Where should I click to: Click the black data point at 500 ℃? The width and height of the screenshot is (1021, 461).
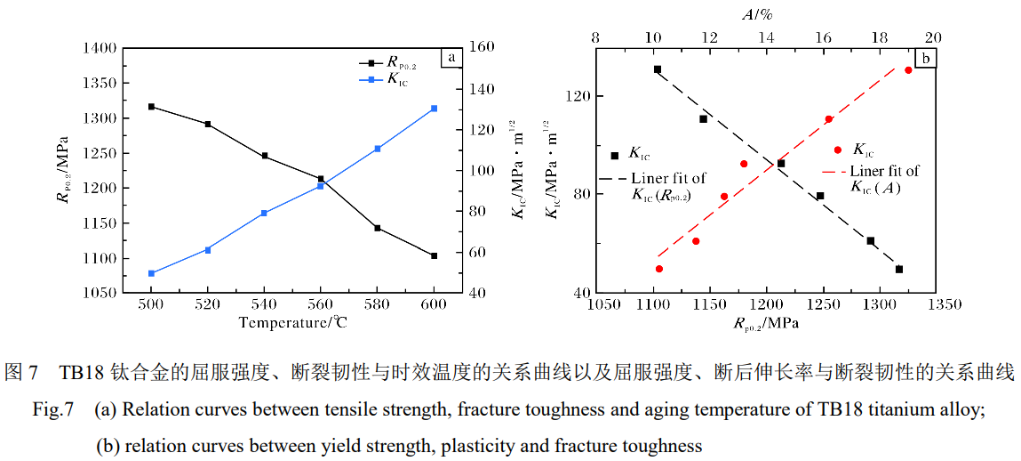pos(151,107)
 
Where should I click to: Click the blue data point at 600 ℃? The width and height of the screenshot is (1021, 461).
pos(434,109)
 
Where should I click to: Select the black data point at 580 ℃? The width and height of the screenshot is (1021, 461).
pos(378,228)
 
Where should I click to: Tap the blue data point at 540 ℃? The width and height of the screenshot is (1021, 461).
pos(264,213)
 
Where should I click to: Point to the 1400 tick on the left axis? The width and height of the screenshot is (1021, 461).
pos(100,48)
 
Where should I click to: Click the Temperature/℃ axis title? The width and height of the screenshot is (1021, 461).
pos(292,322)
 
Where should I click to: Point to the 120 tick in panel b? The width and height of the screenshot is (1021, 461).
pos(577,96)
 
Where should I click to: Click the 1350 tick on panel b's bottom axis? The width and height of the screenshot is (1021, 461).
pos(943,305)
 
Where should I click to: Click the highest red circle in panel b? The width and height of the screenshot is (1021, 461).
pos(908,70)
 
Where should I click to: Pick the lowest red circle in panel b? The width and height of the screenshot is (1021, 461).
pos(659,269)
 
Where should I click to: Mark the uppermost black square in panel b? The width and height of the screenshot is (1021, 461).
pos(658,69)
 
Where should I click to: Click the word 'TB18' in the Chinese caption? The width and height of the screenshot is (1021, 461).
pos(83,372)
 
